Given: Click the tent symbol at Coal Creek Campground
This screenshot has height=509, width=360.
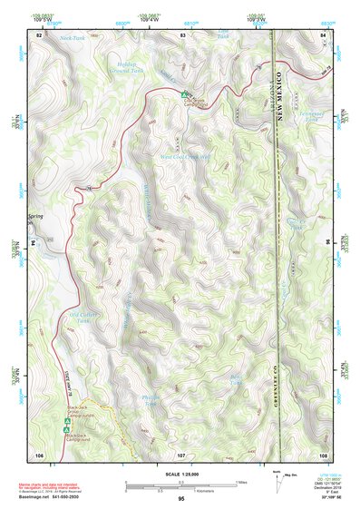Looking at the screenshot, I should (184, 94).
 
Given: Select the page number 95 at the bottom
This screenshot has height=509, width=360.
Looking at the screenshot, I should (181, 499).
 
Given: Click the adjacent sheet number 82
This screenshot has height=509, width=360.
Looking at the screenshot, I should (40, 34).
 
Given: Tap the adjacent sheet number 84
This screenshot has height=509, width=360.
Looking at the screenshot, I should (323, 34).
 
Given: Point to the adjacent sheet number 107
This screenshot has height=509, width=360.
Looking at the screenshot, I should (181, 454).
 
